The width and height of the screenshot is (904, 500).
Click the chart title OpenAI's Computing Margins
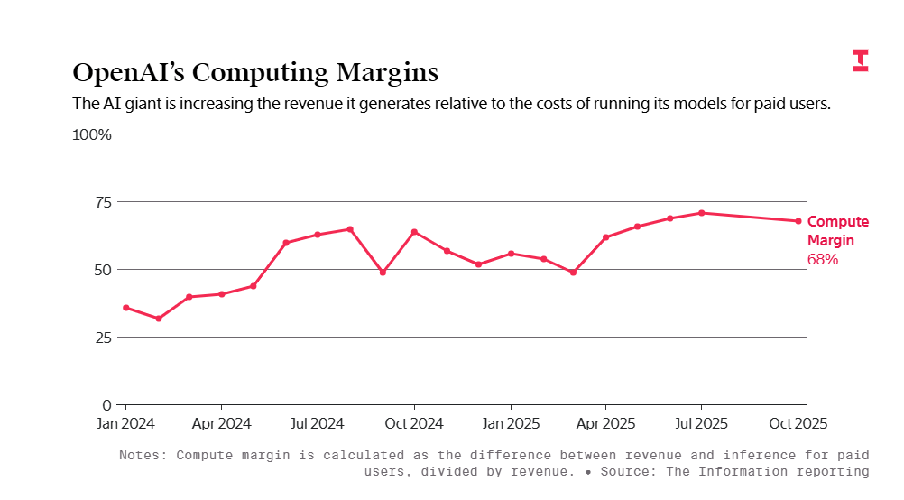[255, 72]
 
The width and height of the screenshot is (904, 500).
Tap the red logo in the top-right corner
[860, 60]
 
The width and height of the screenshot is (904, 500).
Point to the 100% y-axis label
[92, 134]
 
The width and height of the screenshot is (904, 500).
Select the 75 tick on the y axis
[102, 202]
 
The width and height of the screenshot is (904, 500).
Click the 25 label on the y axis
[102, 338]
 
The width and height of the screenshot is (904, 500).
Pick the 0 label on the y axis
[106, 405]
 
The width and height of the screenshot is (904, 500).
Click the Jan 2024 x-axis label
[125, 422]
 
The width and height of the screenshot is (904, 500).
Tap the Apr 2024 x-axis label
[222, 422]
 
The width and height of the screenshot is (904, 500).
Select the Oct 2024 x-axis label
[414, 422]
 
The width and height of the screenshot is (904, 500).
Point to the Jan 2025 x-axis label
[511, 422]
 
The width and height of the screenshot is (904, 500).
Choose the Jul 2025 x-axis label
[702, 422]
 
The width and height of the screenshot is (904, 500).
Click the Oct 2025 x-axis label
[798, 422]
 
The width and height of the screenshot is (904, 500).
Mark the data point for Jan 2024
[126, 308]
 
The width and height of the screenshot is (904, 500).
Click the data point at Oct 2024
[414, 232]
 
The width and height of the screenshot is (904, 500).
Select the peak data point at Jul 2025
[702, 213]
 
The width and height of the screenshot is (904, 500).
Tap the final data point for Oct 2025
[798, 221]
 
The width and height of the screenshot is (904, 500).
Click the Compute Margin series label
[838, 231]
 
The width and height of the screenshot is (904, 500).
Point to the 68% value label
[823, 259]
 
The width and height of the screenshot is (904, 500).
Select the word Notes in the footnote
[142, 455]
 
